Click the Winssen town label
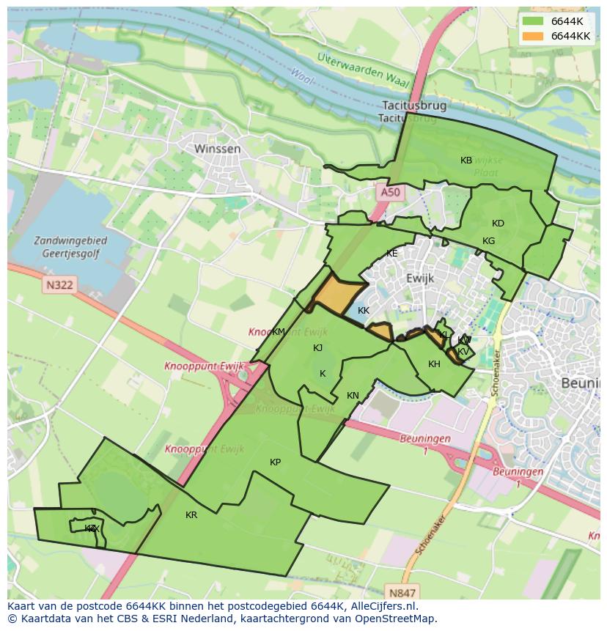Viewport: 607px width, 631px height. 217,149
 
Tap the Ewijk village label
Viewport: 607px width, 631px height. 420,278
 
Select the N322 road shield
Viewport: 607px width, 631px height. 58,284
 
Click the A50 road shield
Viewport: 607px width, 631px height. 390,192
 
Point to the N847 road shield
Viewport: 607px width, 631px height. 402,593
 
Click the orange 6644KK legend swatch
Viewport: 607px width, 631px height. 533,36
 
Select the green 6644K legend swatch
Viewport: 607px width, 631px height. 533,21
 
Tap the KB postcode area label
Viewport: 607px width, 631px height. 466,160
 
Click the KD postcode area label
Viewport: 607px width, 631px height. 498,224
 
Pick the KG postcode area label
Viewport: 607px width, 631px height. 488,241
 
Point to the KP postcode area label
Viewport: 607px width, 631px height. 275,462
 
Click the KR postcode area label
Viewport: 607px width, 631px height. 191,515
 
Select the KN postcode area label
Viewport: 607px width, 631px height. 353,396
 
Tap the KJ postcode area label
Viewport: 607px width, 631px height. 317,348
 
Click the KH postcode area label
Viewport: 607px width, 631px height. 434,364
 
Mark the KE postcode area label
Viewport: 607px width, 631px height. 391,254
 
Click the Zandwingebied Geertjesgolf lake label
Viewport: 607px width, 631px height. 70,247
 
